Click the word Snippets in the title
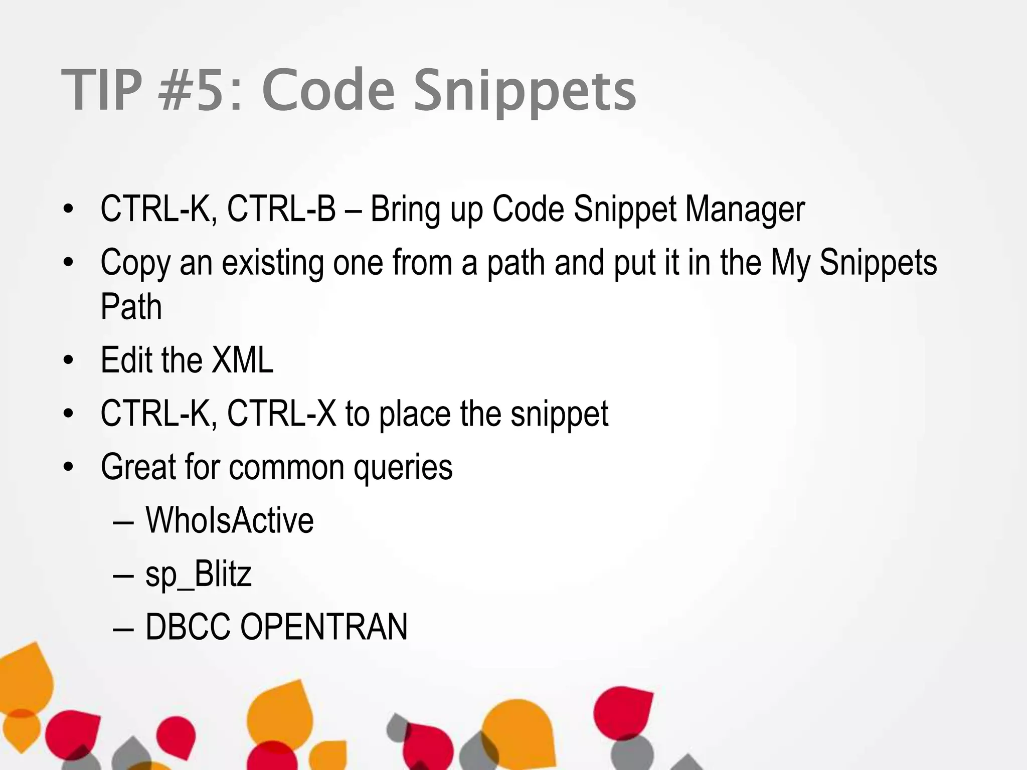point(524,91)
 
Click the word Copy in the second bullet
point(134,263)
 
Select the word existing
point(273,263)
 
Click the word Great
point(138,467)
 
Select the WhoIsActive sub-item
point(230,520)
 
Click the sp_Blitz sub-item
point(198,574)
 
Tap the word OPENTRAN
point(324,627)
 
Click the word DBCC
point(188,627)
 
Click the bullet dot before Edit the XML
point(69,360)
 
